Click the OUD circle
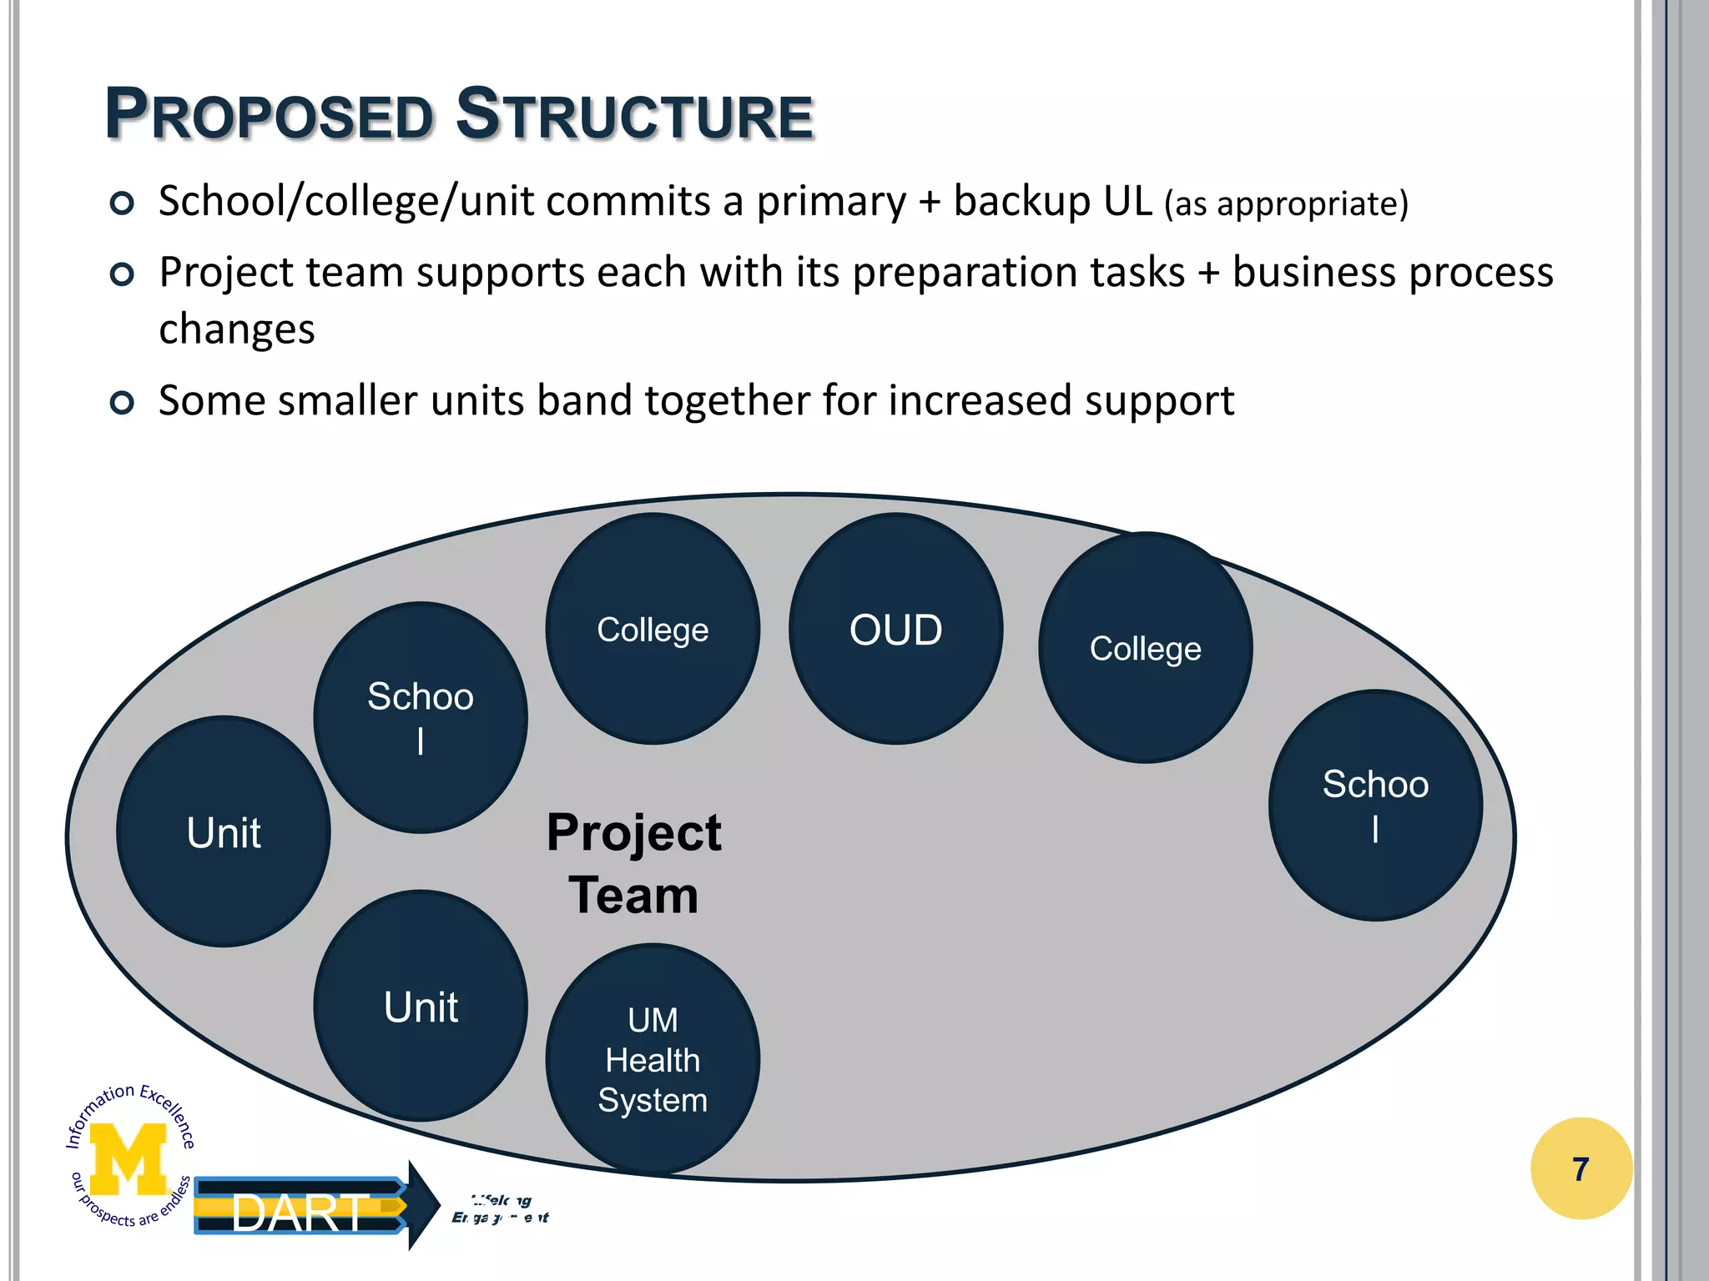pos(895,629)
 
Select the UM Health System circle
pos(653,1059)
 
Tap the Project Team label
pos(634,864)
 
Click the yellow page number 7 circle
pos(1580,1168)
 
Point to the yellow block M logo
pos(128,1158)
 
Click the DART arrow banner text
pos(299,1213)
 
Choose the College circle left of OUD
pos(653,629)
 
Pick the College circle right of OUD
pos(1145,648)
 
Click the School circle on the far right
pos(1375,806)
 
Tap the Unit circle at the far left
pos(224,832)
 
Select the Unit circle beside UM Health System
pos(421,1006)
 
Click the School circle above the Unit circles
pos(421,717)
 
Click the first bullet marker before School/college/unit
pos(122,203)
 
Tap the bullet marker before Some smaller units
pos(122,403)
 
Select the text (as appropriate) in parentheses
pos(1286,203)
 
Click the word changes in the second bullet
pos(237,329)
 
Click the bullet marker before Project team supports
pos(122,274)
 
